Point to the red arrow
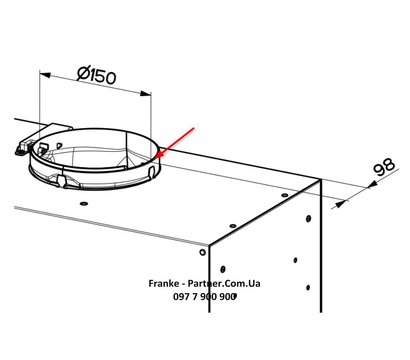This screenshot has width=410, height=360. [x=176, y=142]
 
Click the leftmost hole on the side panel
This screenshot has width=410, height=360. [x=230, y=267]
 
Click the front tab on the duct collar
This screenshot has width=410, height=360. [x=62, y=181]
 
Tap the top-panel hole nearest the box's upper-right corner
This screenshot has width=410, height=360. [x=284, y=189]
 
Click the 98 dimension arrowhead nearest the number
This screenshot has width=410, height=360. [x=341, y=200]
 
